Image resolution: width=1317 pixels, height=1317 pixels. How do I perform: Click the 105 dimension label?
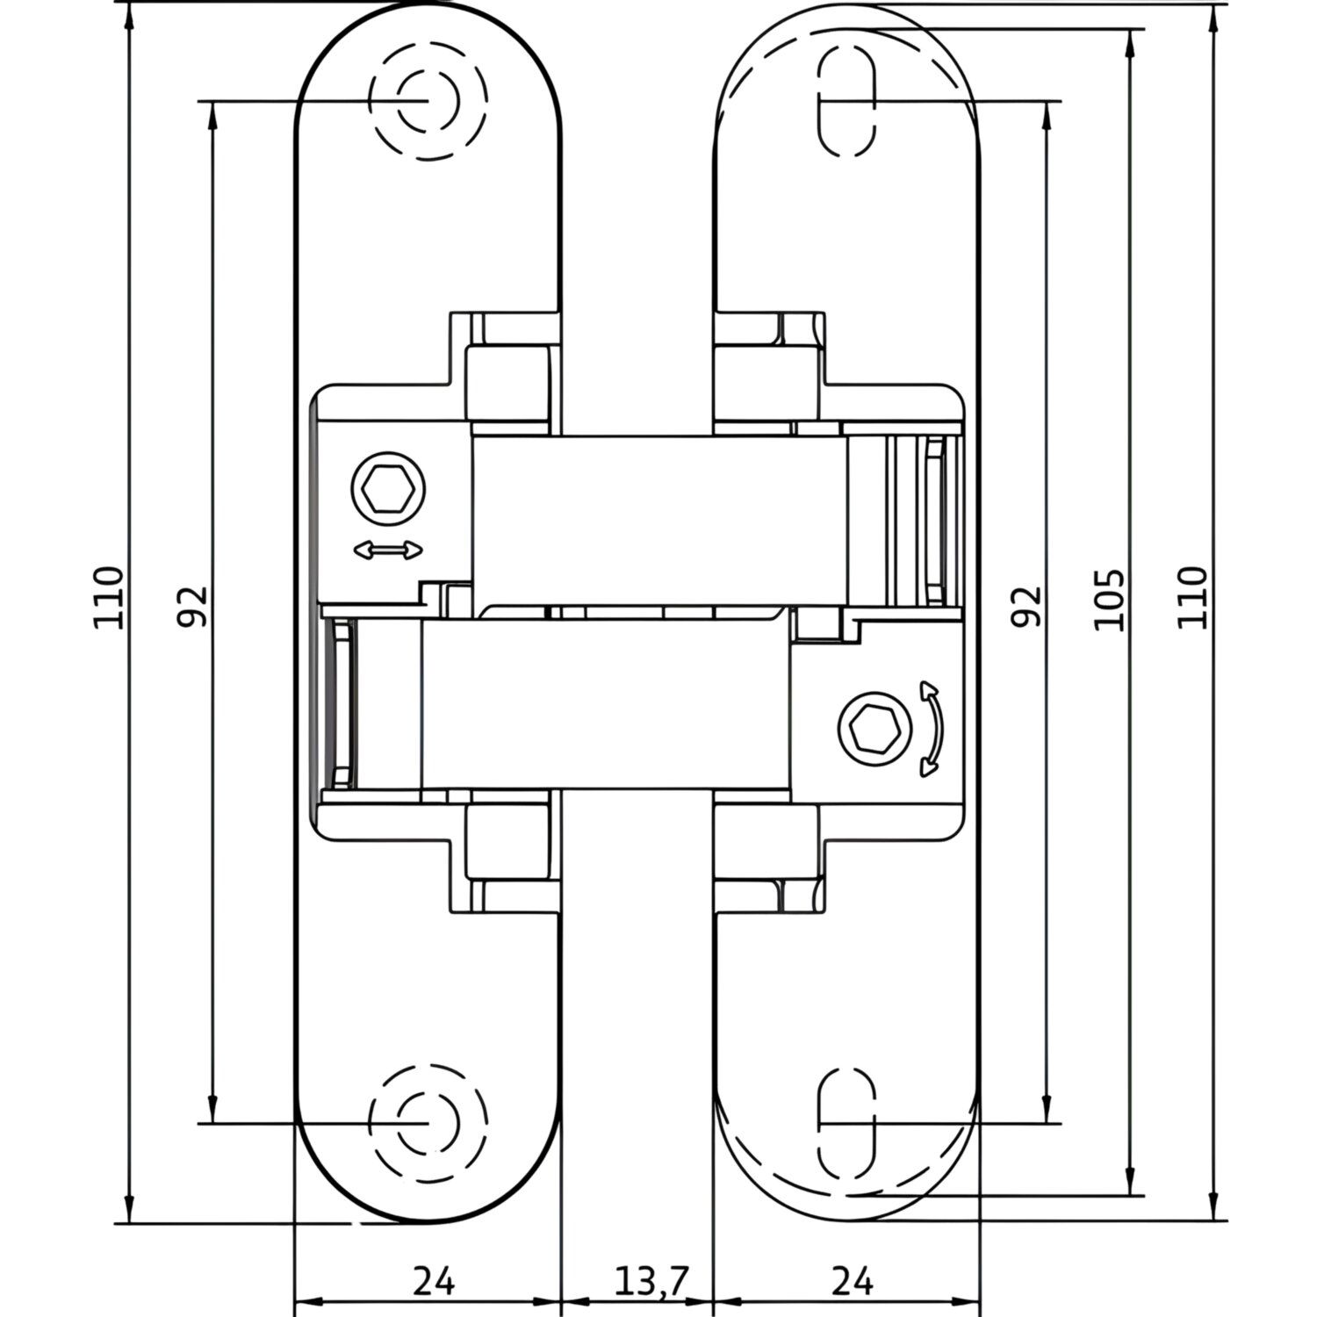tap(1109, 600)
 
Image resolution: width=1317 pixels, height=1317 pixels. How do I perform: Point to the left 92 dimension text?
tap(193, 606)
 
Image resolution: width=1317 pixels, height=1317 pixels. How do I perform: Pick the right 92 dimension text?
tap(1026, 606)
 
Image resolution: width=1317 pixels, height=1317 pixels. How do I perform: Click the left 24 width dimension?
tap(434, 1282)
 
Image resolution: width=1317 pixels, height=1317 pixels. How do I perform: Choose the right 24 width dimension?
tap(851, 1282)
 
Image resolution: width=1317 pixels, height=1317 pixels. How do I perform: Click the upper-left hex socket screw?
tap(387, 488)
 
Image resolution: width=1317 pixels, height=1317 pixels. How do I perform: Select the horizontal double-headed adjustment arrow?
tap(387, 551)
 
